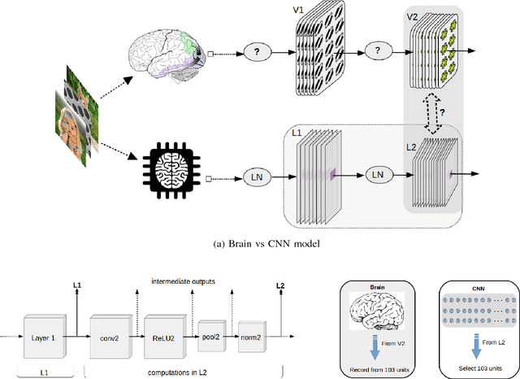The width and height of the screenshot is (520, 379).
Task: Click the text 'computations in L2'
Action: [x=180, y=372]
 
